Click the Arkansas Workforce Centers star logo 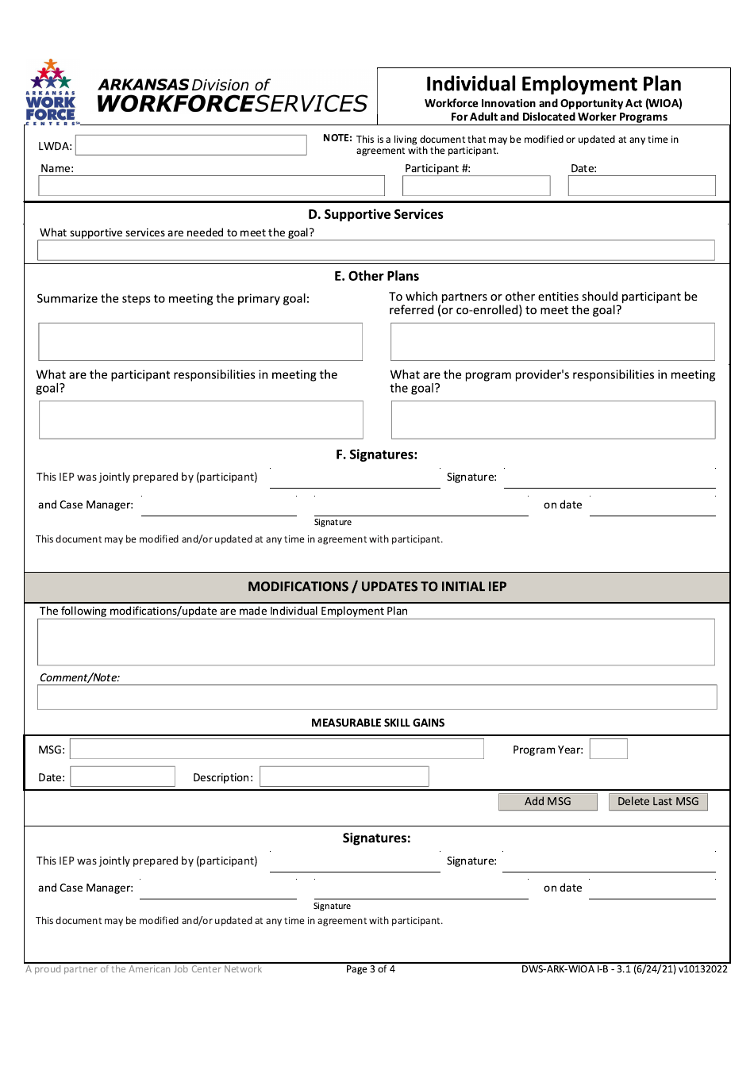pos(51,92)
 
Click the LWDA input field pos(190,145)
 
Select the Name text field pos(211,186)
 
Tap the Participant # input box pos(476,186)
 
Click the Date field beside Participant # pos(641,186)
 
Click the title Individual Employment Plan pos(553,84)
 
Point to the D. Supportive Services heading pos(375,214)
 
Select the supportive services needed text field pos(375,251)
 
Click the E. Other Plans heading pos(376,276)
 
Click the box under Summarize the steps pos(200,342)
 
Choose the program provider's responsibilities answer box pos(552,420)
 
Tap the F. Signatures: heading pos(376,454)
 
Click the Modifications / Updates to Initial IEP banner pos(377,587)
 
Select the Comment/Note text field pos(377,697)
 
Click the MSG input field pos(276,750)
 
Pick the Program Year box pos(609,750)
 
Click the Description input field pos(344,777)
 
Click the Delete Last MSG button pos(658,802)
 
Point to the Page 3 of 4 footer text pos(370,969)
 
